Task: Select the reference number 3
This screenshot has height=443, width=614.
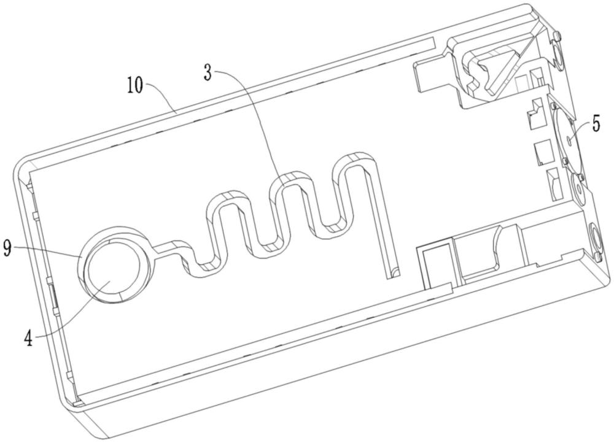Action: point(208,73)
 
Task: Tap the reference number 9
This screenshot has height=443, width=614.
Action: point(7,248)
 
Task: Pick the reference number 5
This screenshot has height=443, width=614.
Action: point(596,126)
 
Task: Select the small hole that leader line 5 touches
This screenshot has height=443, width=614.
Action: point(569,139)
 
